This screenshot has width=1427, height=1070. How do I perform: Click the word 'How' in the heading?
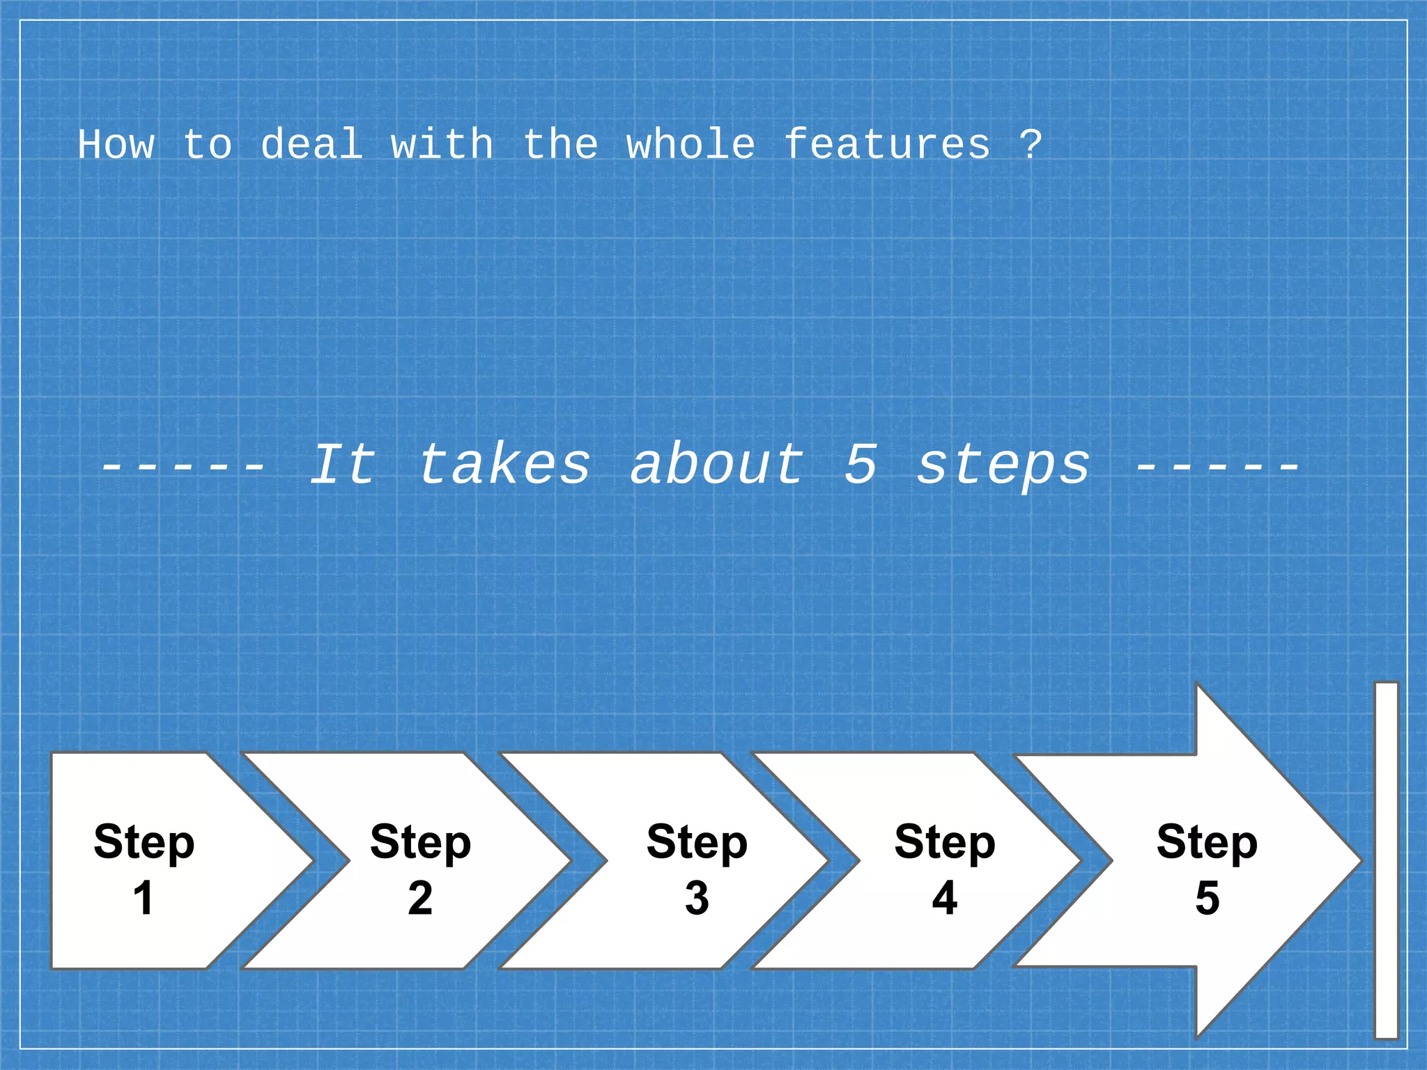pyautogui.click(x=116, y=145)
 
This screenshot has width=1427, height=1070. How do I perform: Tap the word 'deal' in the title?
pyautogui.click(x=311, y=145)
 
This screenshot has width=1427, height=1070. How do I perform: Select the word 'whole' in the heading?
pyautogui.click(x=690, y=145)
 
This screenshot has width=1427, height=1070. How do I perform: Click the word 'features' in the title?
pyautogui.click(x=886, y=145)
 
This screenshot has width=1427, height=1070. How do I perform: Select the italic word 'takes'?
pyautogui.click(x=504, y=465)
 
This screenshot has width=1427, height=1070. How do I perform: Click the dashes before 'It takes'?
pyautogui.click(x=183, y=465)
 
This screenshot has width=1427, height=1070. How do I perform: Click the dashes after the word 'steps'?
pyautogui.click(x=1217, y=465)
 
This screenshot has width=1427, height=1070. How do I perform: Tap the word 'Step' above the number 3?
pyautogui.click(x=697, y=842)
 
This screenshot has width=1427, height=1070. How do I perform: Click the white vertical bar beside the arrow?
pyautogui.click(x=1386, y=860)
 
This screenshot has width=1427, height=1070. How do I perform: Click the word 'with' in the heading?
pyautogui.click(x=442, y=145)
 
